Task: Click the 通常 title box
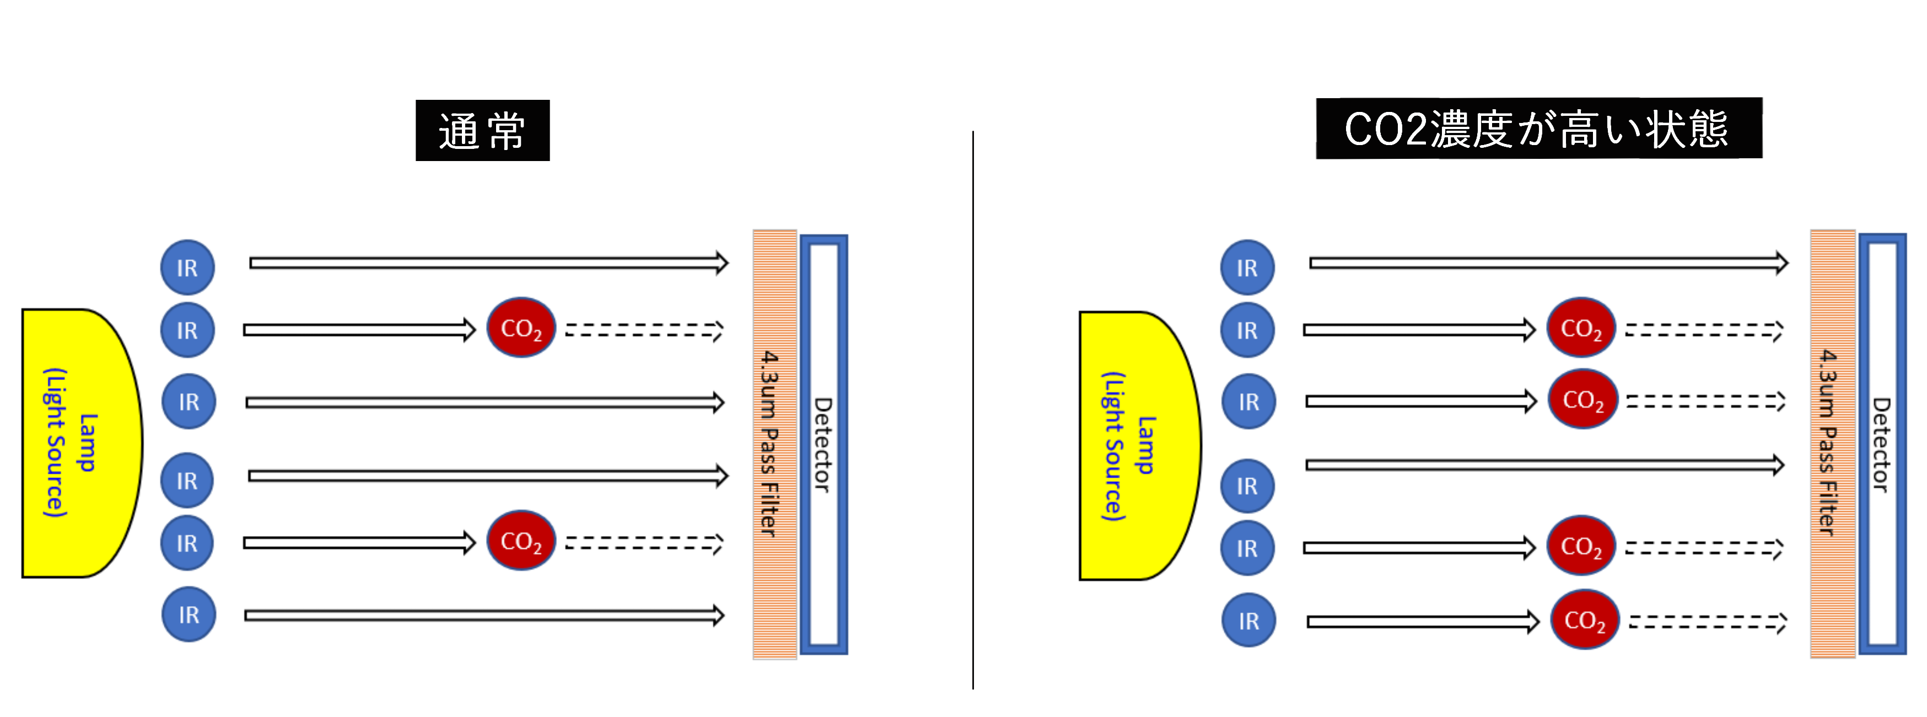coord(482,130)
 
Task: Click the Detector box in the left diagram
coord(823,445)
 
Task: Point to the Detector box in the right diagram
coord(1882,445)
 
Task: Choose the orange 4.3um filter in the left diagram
coord(774,445)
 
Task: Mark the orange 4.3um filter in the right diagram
coord(1832,445)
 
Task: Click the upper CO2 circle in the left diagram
coord(521,328)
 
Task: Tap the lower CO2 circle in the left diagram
coord(521,541)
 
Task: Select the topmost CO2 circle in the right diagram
coord(1581,328)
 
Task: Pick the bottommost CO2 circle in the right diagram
coord(1584,620)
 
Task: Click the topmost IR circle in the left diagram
coord(188,267)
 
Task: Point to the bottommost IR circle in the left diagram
coord(189,614)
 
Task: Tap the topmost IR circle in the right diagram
coord(1247,267)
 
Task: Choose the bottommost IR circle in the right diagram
coord(1248,620)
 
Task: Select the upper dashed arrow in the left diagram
coord(643,330)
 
